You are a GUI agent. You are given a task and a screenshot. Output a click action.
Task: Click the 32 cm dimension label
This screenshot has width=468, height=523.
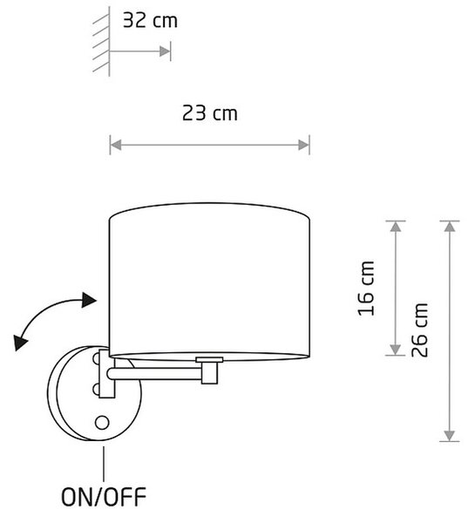150,20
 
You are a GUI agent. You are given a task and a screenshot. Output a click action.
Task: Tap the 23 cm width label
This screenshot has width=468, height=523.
210,113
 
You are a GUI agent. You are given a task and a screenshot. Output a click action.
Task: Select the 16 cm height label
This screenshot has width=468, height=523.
366,289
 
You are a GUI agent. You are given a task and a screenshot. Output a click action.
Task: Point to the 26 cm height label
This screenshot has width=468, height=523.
420,329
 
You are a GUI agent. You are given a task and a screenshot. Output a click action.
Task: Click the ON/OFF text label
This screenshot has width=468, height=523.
104,497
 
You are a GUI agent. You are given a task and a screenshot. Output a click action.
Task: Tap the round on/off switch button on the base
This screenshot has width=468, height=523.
102,423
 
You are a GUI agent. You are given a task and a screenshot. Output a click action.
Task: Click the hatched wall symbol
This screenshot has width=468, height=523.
101,41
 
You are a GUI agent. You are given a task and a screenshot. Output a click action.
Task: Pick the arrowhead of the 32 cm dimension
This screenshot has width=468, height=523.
165,51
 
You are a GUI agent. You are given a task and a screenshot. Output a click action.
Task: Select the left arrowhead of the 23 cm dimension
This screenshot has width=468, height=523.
116,145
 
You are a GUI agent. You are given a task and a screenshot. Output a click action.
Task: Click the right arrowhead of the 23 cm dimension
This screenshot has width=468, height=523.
304,145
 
